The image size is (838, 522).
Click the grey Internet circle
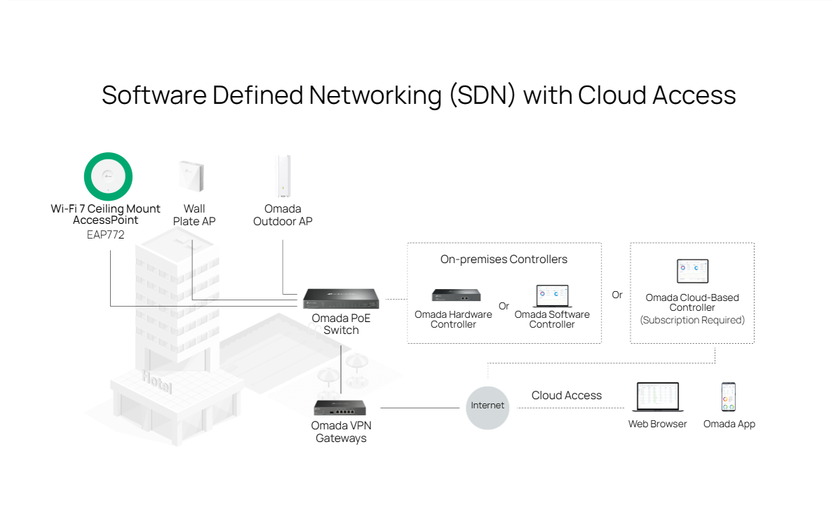pyautogui.click(x=487, y=406)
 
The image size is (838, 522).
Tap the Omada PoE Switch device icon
pyautogui.click(x=341, y=299)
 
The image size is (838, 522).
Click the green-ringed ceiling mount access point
pyautogui.click(x=108, y=176)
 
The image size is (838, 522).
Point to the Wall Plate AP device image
pyautogui.click(x=191, y=176)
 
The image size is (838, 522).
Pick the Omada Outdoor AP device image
pyautogui.click(x=283, y=176)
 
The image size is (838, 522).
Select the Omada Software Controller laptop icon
pyautogui.click(x=551, y=296)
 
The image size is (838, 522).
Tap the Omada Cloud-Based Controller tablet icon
pyautogui.click(x=692, y=272)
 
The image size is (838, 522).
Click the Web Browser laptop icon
pyautogui.click(x=657, y=397)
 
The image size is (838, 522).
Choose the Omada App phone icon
pyautogui.click(x=729, y=397)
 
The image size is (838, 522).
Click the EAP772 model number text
pyautogui.click(x=105, y=234)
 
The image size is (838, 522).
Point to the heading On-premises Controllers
pyautogui.click(x=504, y=260)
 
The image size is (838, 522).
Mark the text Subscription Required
pyautogui.click(x=692, y=320)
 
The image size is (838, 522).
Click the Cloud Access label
pyautogui.click(x=567, y=396)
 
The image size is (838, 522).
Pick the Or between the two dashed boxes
pyautogui.click(x=617, y=295)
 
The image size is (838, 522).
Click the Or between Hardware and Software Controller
pyautogui.click(x=504, y=306)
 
